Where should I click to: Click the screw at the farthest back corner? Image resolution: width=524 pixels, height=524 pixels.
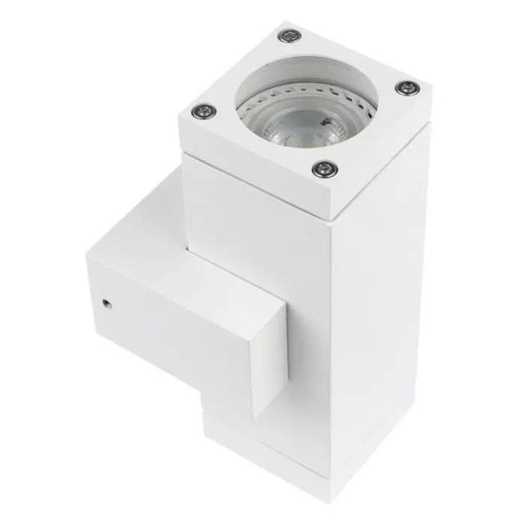tap(289, 34)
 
